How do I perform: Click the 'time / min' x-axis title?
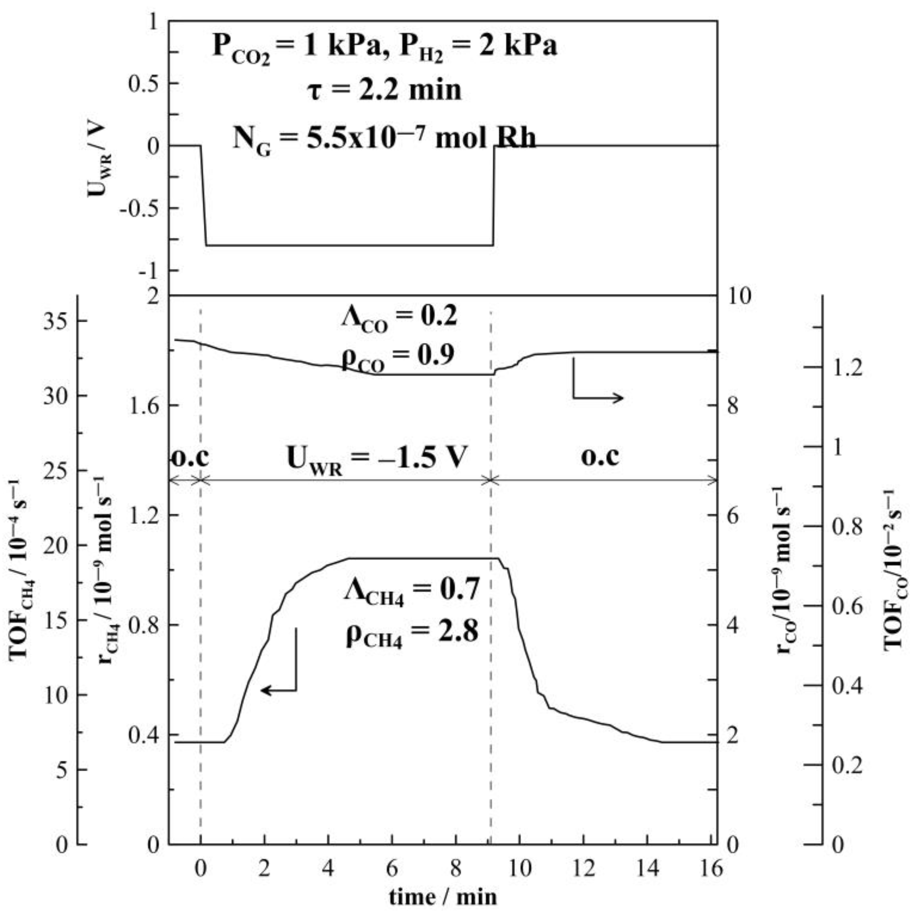[x=443, y=897]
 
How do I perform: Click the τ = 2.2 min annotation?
[x=383, y=89]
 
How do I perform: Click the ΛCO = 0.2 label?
[x=399, y=317]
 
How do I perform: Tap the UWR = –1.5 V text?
[x=377, y=459]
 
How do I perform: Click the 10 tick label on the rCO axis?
[x=739, y=296]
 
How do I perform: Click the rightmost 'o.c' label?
[x=600, y=457]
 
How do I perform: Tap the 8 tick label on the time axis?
[x=456, y=869]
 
